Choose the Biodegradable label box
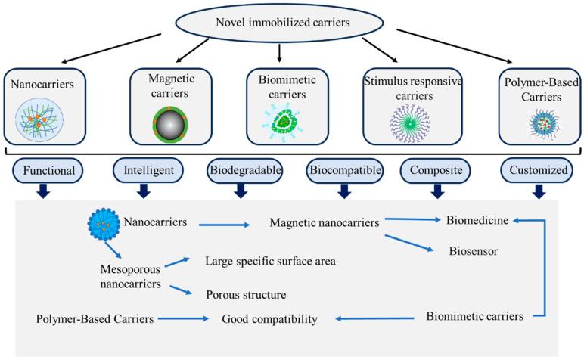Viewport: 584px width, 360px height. click(241, 170)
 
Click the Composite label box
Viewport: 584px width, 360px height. click(436, 170)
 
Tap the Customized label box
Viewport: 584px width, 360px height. click(538, 170)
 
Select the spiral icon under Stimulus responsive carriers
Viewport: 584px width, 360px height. click(411, 119)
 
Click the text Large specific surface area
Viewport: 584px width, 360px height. click(270, 262)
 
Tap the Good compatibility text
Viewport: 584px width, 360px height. click(269, 319)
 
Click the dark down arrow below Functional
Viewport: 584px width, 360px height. click(44, 194)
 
